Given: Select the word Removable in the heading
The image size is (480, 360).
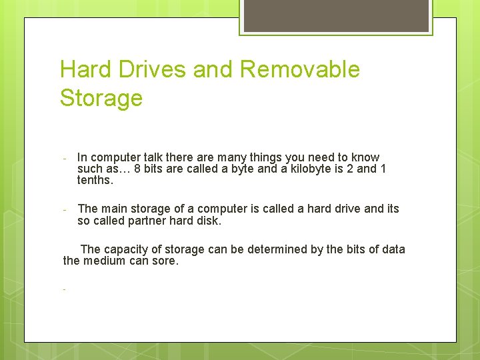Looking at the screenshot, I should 299,70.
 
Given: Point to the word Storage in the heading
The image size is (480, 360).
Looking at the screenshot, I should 101,99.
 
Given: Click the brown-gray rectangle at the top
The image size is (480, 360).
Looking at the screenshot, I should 335,15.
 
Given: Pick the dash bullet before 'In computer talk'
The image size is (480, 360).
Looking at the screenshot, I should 64,159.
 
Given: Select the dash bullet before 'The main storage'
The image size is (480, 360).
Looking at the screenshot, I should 64,210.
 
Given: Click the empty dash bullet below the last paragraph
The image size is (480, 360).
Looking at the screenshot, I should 64,290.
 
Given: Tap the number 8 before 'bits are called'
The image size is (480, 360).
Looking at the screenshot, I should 137,169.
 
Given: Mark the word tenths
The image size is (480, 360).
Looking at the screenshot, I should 95,181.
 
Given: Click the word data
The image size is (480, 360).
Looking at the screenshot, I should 393,250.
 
